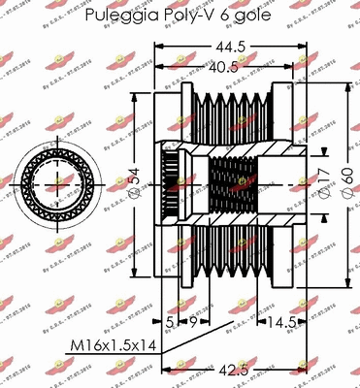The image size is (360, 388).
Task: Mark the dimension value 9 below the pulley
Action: pos(191,322)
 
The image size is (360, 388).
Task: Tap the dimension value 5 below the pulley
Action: pos(168,322)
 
